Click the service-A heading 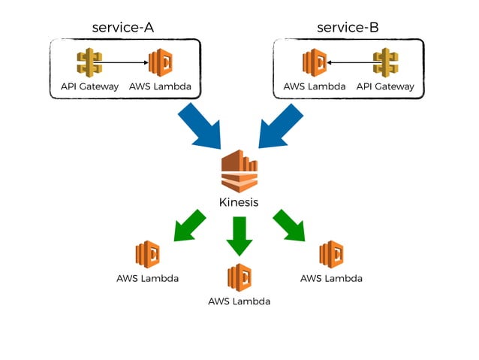[x=123, y=27]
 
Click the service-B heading [x=348, y=27]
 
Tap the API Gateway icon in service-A [x=89, y=63]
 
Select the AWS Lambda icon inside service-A [x=160, y=63]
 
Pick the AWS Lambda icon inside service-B [x=315, y=63]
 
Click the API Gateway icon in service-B [x=385, y=63]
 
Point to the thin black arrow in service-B [x=350, y=64]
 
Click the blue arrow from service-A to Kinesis [x=199, y=125]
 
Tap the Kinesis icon [x=239, y=171]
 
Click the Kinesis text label [x=239, y=202]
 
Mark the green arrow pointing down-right [x=290, y=226]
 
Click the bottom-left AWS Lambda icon [x=148, y=256]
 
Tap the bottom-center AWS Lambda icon [x=239, y=277]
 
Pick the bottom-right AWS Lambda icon [x=331, y=256]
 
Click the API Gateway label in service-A [x=89, y=86]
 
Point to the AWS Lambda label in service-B [x=315, y=86]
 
